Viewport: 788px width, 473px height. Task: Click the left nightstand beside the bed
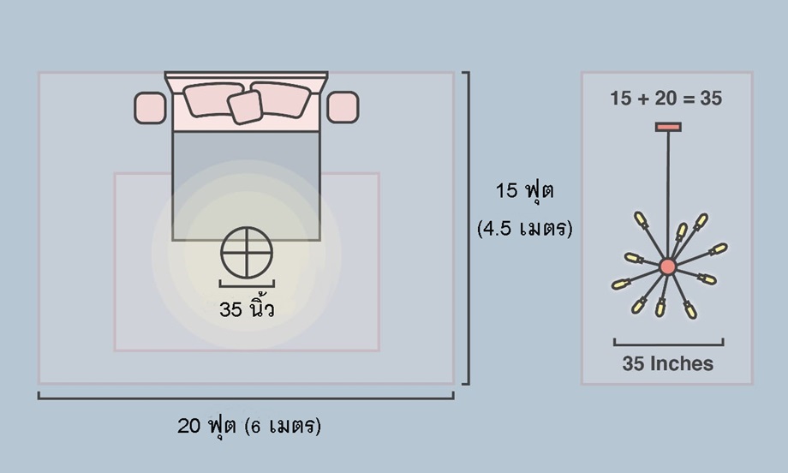150,108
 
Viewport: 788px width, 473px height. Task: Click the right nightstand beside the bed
343,107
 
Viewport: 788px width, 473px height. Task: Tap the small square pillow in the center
245,107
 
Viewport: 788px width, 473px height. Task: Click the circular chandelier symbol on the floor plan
247,228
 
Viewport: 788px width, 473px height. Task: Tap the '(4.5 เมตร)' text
525,229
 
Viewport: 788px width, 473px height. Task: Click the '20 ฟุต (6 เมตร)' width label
248,426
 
